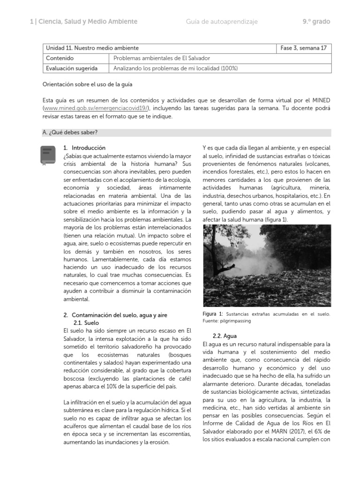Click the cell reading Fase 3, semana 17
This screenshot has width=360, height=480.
[x=304, y=48]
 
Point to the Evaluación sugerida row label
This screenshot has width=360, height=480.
[x=71, y=68]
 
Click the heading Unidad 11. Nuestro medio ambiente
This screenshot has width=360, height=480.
[x=92, y=48]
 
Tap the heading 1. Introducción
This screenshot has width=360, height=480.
[x=84, y=148]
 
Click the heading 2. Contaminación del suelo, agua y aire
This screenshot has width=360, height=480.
[x=115, y=315]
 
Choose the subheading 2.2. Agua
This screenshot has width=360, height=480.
[x=225, y=336]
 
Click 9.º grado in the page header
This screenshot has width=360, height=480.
[x=316, y=22]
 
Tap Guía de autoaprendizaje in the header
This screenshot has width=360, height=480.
[x=222, y=22]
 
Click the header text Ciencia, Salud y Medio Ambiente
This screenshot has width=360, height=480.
[x=87, y=22]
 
